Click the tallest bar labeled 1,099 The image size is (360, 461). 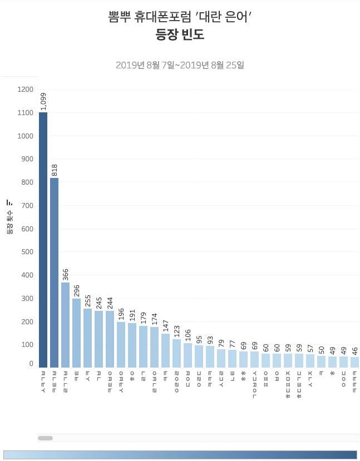(x=43, y=240)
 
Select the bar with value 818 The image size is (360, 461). (x=54, y=272)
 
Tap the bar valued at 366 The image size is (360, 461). (x=65, y=325)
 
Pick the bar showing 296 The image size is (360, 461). (x=76, y=333)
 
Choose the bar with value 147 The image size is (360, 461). (x=165, y=350)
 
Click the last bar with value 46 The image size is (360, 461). (x=354, y=362)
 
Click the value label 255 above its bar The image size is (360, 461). (x=88, y=296)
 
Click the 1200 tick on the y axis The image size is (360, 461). (x=26, y=90)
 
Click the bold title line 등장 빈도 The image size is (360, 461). (x=180, y=34)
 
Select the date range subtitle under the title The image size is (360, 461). (x=180, y=65)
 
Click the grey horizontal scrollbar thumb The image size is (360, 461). (x=45, y=438)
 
